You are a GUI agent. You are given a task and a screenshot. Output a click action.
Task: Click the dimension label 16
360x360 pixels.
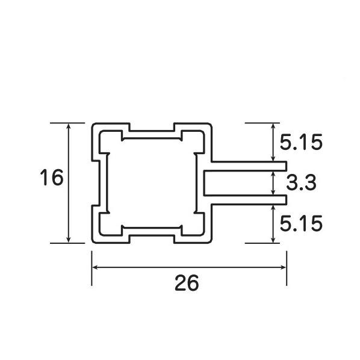pyautogui.click(x=51, y=177)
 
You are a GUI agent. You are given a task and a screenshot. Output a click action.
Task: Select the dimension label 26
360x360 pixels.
pyautogui.click(x=187, y=282)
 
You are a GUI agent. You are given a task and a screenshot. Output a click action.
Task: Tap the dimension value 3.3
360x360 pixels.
pyautogui.click(x=301, y=182)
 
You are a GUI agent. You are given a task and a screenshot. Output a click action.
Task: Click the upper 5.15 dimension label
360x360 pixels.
pyautogui.click(x=301, y=142)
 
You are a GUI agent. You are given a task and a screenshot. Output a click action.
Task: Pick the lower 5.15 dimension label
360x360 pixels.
pyautogui.click(x=301, y=223)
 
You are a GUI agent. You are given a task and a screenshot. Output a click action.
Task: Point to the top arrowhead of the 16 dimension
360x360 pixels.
pyautogui.click(x=69, y=126)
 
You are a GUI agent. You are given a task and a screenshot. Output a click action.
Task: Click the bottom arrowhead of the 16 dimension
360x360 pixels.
pyautogui.click(x=69, y=240)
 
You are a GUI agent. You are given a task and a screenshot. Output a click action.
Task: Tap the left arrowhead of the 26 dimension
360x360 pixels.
pyautogui.click(x=96, y=267)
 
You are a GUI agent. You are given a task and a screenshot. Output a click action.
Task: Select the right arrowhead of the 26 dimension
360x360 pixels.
pyautogui.click(x=283, y=267)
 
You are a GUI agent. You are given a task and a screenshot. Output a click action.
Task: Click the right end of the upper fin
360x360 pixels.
pyautogui.click(x=286, y=166)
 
